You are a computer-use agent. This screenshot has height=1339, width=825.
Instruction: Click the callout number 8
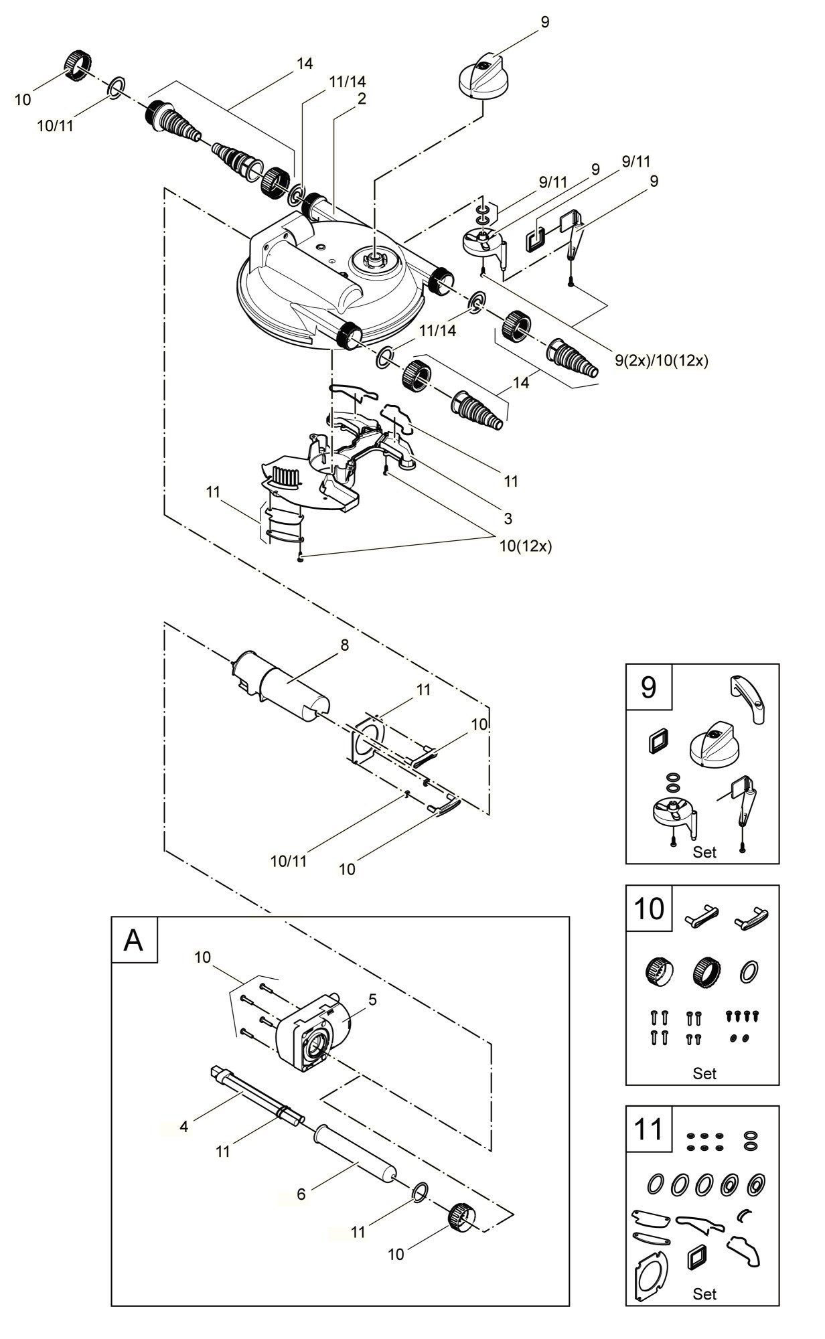pyautogui.click(x=345, y=645)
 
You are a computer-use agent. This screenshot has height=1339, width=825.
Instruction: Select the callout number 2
pyautogui.click(x=362, y=98)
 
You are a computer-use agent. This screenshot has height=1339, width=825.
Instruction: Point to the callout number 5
pyautogui.click(x=372, y=1000)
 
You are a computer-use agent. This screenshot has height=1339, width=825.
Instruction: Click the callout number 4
pyautogui.click(x=184, y=1126)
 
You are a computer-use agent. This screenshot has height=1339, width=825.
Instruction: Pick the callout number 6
pyautogui.click(x=301, y=1194)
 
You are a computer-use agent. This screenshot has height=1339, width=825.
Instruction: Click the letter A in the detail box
pyautogui.click(x=134, y=940)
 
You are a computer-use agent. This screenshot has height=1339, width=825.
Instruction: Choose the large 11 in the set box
pyautogui.click(x=648, y=1129)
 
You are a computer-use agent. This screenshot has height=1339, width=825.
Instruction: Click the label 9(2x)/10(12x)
pyautogui.click(x=662, y=360)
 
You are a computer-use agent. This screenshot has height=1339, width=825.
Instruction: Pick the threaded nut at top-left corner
pyautogui.click(x=79, y=65)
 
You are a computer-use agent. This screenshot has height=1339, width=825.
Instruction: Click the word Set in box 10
pyautogui.click(x=704, y=1073)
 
